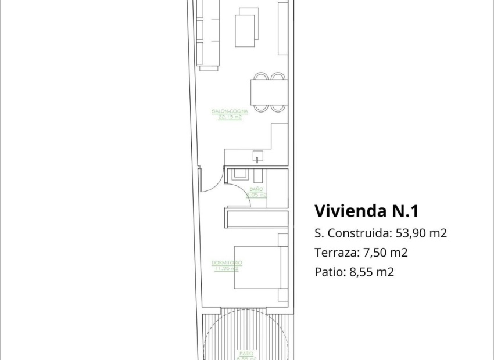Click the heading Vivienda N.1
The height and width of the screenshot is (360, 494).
366,210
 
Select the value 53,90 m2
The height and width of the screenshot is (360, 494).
421,233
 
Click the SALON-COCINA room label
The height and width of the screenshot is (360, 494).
230,111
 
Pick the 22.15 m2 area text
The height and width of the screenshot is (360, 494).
230,117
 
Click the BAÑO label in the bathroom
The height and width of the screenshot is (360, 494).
256,189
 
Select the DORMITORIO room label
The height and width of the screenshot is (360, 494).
227,263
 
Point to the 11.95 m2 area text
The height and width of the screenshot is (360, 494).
227,269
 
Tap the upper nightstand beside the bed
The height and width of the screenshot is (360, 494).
283,239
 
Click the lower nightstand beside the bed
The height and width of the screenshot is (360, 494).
283,295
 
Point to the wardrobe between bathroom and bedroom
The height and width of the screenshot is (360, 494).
257,219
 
